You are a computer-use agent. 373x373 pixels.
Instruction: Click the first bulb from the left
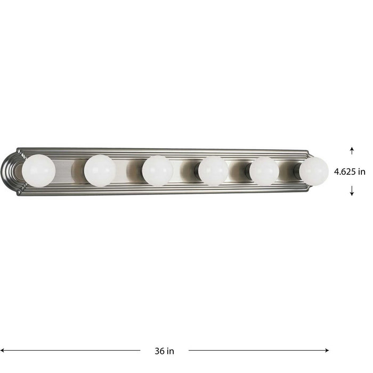pos(39,171)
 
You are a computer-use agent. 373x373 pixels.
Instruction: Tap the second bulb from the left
pos(100,171)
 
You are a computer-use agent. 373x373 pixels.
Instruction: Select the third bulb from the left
pos(157,171)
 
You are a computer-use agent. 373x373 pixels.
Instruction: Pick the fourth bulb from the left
pos(213,171)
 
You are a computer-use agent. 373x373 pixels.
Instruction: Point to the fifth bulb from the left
pos(264,171)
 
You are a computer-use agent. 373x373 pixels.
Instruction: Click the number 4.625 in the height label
pos(345,172)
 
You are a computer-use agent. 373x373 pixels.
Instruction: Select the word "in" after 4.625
pos(362,172)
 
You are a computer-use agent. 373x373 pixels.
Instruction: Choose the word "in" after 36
pos(171,351)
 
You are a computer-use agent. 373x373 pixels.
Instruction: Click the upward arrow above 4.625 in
pos(352,150)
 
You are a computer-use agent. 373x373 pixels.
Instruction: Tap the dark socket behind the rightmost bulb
pos(297,171)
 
